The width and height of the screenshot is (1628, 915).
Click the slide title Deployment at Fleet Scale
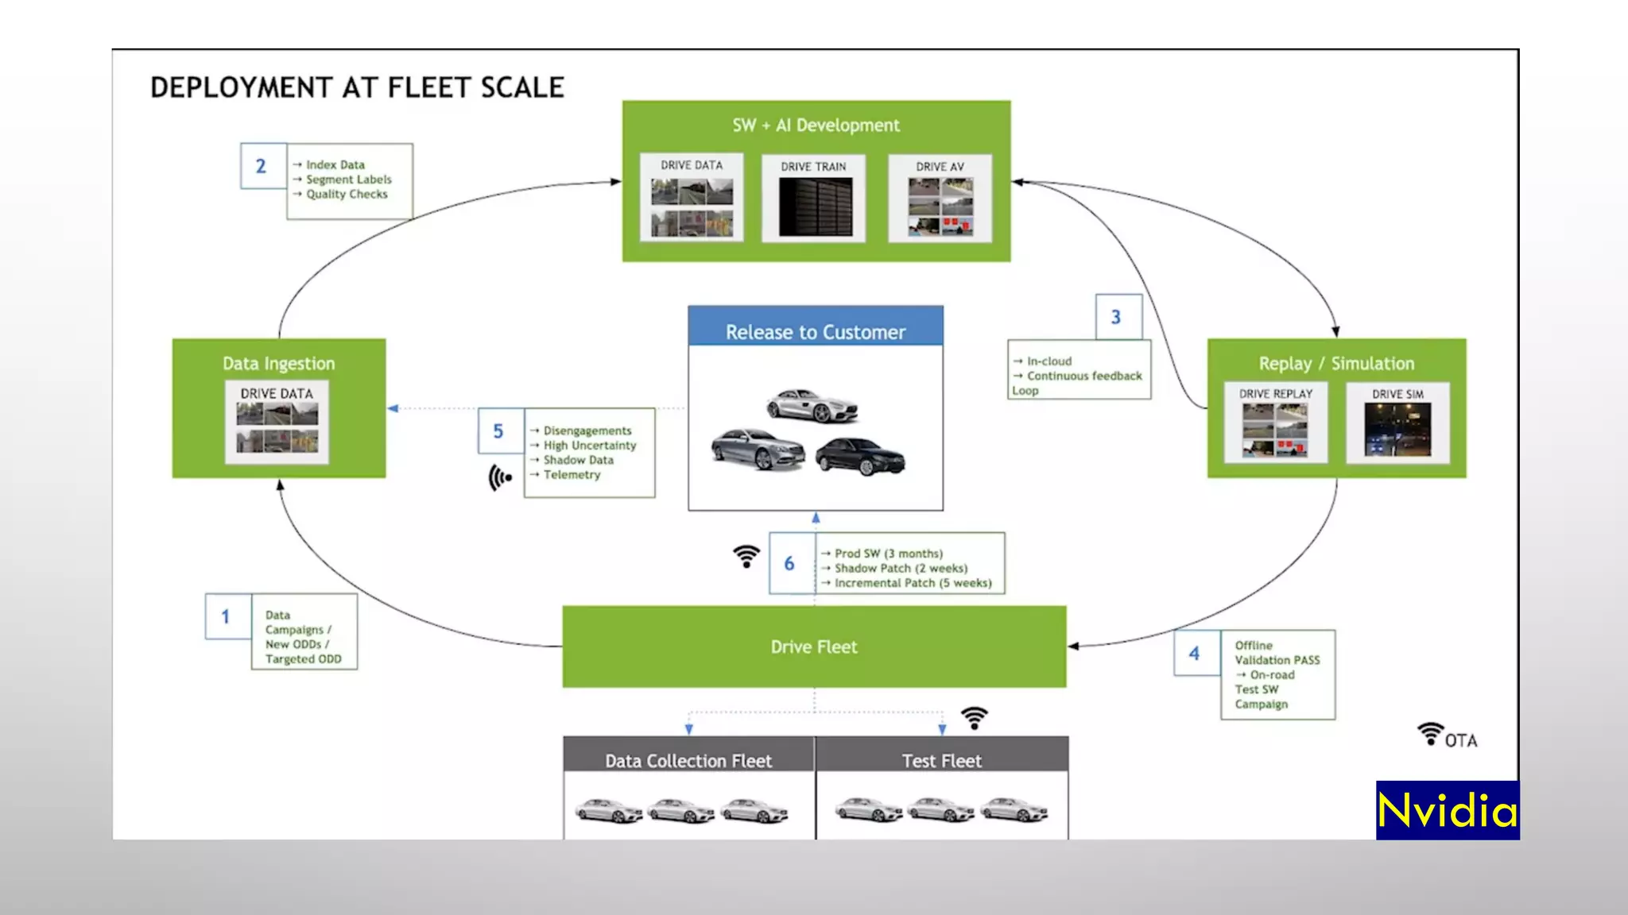coord(357,87)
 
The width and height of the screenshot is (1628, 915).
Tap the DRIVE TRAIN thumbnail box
coord(813,199)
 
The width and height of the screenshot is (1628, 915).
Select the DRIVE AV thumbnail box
coord(940,199)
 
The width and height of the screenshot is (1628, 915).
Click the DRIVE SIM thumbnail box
coord(1397,423)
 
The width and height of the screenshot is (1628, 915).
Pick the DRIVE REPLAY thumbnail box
coord(1275,423)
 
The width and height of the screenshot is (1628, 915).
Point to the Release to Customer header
coord(815,331)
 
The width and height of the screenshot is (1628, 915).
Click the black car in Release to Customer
coord(859,457)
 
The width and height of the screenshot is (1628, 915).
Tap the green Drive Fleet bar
coord(814,647)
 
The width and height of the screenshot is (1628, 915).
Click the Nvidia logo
coord(1447,811)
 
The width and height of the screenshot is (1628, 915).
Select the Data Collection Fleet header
coord(688,760)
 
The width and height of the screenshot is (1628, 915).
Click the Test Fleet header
coord(941,760)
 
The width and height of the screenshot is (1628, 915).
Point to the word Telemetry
coord(572,474)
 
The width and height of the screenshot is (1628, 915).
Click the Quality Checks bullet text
coord(347,194)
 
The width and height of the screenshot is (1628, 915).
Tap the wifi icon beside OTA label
coord(1430,734)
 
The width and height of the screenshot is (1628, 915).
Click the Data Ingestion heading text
coord(278,363)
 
